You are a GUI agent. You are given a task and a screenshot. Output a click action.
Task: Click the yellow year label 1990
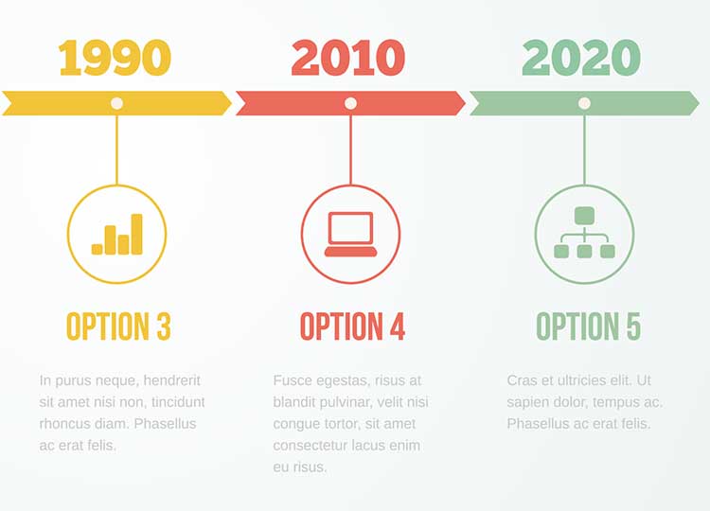(x=115, y=58)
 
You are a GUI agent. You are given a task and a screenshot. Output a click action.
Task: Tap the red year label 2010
(x=348, y=58)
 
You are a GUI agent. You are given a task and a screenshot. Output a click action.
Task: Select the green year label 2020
(x=581, y=58)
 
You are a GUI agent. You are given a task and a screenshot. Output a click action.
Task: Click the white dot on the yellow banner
(x=116, y=103)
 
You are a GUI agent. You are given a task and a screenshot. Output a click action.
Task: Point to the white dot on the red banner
(x=350, y=103)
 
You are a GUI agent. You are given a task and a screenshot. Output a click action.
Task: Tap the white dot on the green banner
(x=584, y=103)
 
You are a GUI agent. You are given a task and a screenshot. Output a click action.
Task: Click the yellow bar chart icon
(x=117, y=234)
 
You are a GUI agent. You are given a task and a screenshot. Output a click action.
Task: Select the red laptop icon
(x=350, y=234)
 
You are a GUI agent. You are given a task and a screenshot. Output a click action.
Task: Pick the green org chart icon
(x=585, y=233)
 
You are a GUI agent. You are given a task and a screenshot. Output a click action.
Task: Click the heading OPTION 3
(x=118, y=326)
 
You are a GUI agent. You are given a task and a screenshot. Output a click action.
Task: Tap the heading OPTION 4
(x=352, y=326)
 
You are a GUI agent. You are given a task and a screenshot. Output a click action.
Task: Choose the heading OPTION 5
(x=588, y=326)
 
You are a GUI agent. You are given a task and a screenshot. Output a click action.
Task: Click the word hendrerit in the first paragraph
(x=171, y=380)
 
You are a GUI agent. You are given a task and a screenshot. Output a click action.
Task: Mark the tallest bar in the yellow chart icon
(x=136, y=234)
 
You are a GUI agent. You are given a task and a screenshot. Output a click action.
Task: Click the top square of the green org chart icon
(x=585, y=216)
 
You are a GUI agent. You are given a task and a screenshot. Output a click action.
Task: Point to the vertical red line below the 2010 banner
(x=350, y=150)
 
